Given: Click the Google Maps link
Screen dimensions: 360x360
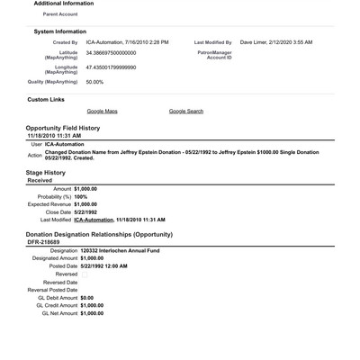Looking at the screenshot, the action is click(102, 111).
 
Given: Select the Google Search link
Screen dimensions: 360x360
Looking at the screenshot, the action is click(185, 111).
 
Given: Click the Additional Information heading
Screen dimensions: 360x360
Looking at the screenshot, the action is click(63, 4).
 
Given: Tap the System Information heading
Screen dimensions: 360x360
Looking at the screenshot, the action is click(59, 31).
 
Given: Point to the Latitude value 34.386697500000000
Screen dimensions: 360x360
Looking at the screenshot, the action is click(117, 53).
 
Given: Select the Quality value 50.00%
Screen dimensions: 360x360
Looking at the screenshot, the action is click(94, 82).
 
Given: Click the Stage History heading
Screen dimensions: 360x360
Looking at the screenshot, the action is click(45, 172).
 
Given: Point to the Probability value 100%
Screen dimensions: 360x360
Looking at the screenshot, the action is click(80, 196).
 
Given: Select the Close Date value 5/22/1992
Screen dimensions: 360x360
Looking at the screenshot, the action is click(85, 211).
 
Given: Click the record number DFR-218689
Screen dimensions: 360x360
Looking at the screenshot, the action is click(43, 242).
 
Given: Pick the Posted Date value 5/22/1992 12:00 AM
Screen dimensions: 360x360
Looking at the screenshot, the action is click(103, 265).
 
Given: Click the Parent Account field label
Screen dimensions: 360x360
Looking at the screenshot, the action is click(56, 14).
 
